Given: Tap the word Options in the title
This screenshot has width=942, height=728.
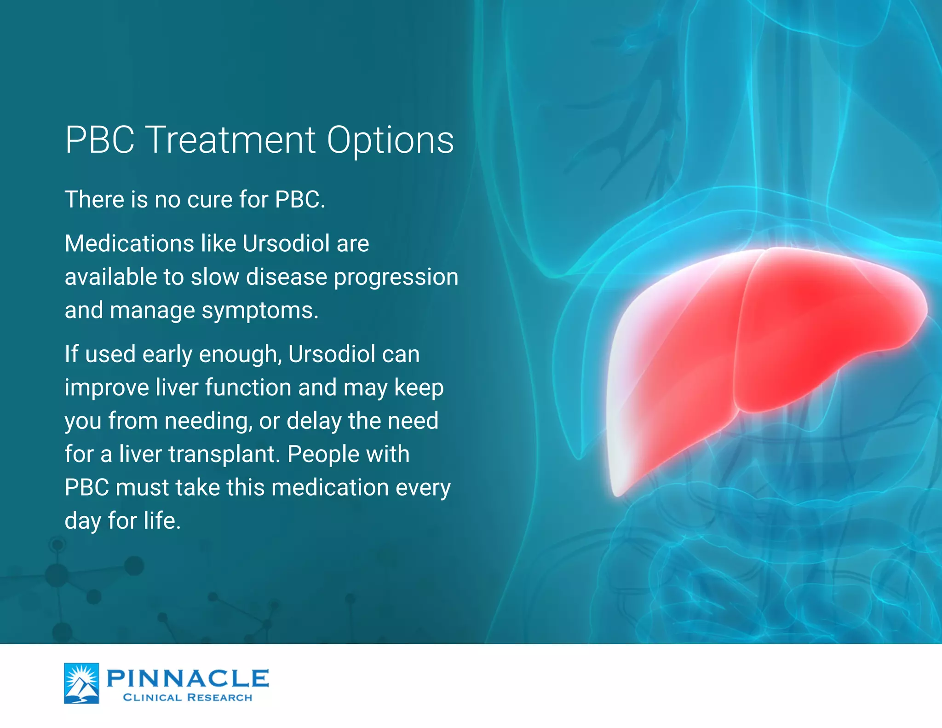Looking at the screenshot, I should (390, 141).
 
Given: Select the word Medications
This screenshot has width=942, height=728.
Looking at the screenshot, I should (129, 243).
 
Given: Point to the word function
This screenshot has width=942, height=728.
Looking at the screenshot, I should (248, 387).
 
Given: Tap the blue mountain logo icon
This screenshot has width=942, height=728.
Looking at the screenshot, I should (81, 683).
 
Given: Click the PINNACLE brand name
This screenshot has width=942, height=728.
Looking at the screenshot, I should (187, 678).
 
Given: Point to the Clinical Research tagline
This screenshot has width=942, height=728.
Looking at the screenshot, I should (188, 698).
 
